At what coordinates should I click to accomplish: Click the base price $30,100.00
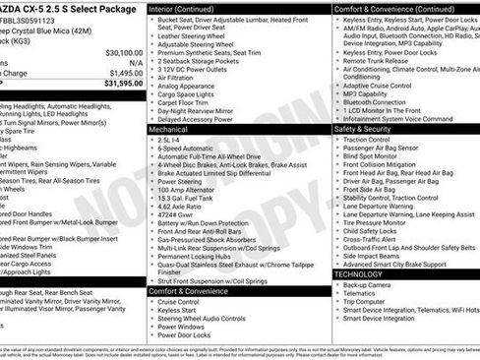(x=118, y=52)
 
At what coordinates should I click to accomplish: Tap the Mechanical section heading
(x=168, y=129)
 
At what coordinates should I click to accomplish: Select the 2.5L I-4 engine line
(x=172, y=140)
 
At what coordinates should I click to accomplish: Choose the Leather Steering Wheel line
(x=192, y=35)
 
